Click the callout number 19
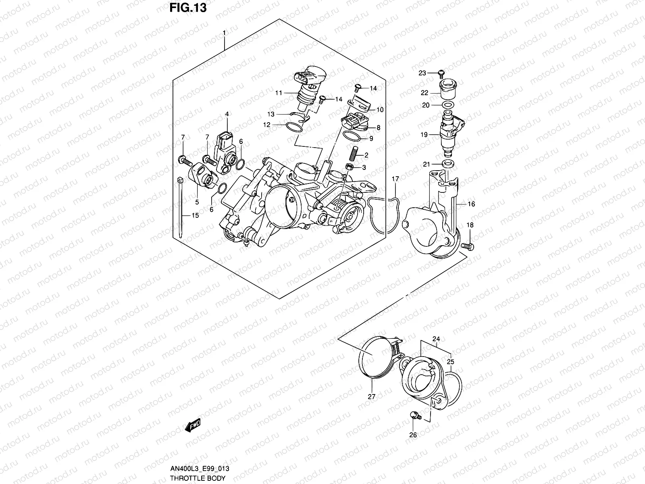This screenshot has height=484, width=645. (x=424, y=135)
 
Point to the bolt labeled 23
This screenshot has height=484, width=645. (x=441, y=73)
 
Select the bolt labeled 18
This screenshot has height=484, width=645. (x=469, y=246)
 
